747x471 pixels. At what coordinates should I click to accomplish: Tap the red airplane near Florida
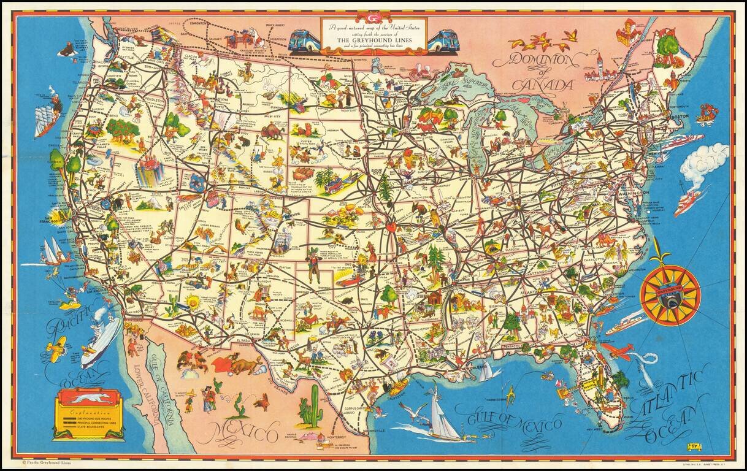tap(617, 351)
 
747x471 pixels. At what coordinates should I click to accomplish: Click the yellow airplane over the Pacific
tap(56, 348)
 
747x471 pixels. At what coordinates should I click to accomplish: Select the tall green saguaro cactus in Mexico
tap(312, 407)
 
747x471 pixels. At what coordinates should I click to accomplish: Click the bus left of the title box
tap(305, 41)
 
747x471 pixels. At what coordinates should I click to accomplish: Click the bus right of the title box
tap(443, 41)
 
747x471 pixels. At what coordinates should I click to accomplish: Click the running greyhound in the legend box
tap(90, 399)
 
